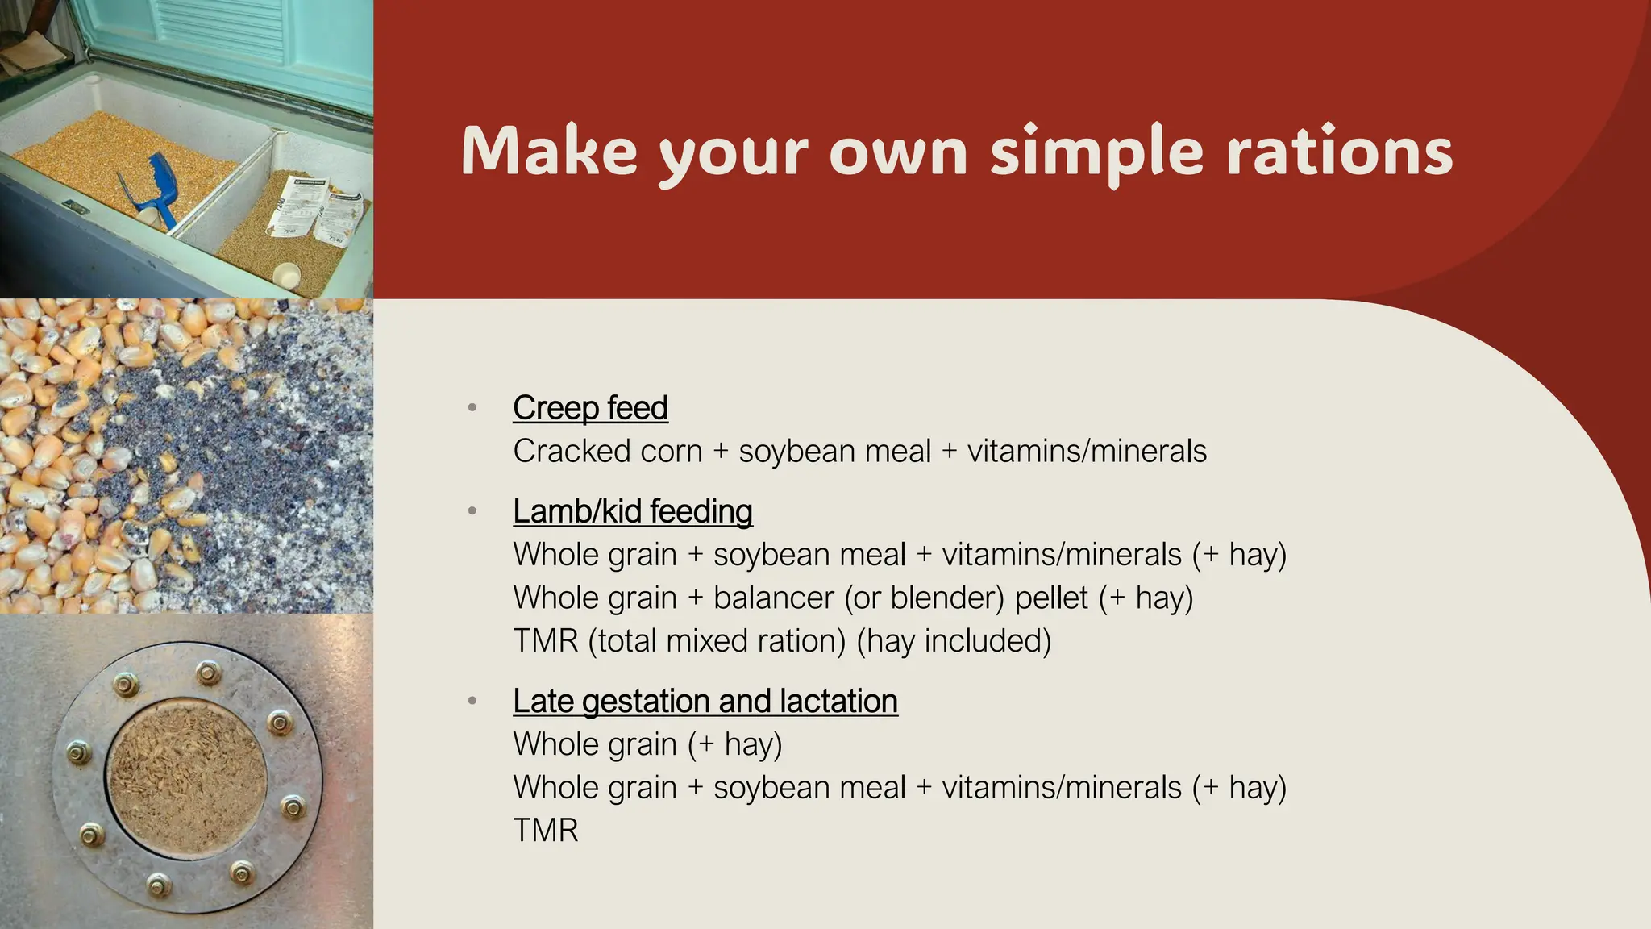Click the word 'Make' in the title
(549, 152)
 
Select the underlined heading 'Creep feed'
(590, 408)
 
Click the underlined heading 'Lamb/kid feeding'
(633, 511)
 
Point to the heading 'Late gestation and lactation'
(705, 701)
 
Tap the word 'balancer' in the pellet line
(773, 598)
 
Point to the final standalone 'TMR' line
(546, 831)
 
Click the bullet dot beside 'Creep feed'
(472, 408)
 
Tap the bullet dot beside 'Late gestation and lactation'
(472, 701)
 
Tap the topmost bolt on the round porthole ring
(209, 671)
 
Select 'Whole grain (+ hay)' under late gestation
(647, 744)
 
